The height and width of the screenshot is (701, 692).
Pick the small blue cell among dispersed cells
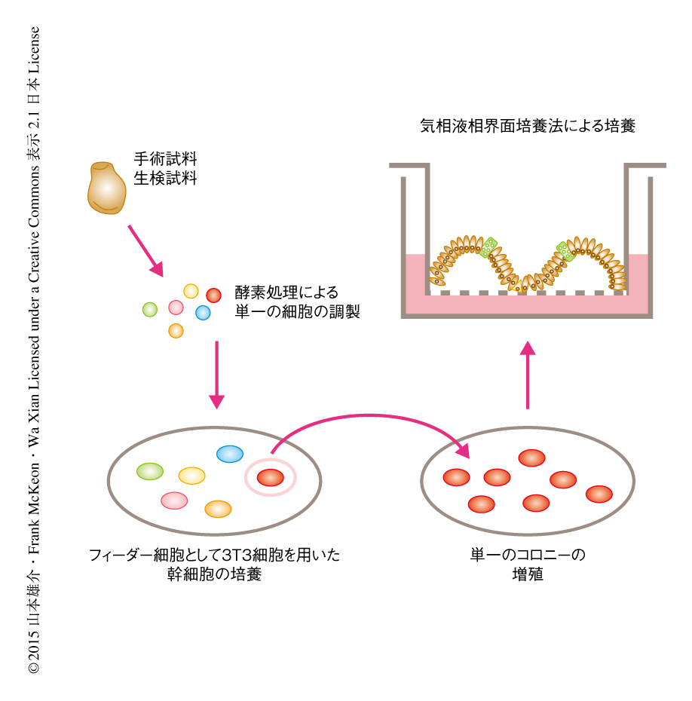[x=203, y=312]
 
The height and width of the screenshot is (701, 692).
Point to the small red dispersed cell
[x=213, y=295]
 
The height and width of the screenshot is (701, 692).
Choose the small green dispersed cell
[x=150, y=308]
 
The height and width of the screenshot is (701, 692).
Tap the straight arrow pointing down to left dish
[x=217, y=374]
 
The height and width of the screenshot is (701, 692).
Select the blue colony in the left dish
[x=230, y=454]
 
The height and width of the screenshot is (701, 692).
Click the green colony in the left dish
[x=150, y=471]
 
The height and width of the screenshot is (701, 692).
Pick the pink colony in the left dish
[x=174, y=500]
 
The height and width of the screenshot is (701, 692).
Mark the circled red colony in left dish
[x=271, y=477]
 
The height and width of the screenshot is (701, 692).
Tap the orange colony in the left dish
[x=218, y=509]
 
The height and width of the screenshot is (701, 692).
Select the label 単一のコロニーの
[x=528, y=556]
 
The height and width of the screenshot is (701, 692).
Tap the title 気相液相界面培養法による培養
[x=528, y=126]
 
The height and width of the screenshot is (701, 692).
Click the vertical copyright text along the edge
[x=34, y=350]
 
